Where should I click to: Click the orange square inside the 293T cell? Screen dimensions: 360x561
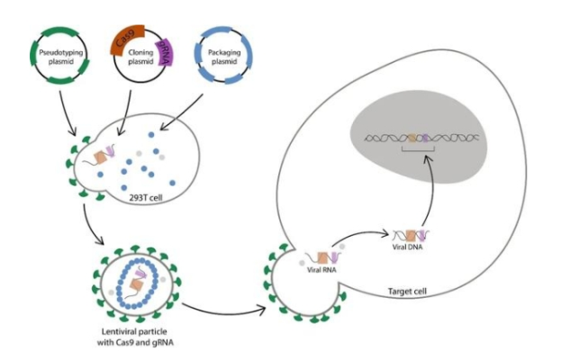(x=103, y=158)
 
